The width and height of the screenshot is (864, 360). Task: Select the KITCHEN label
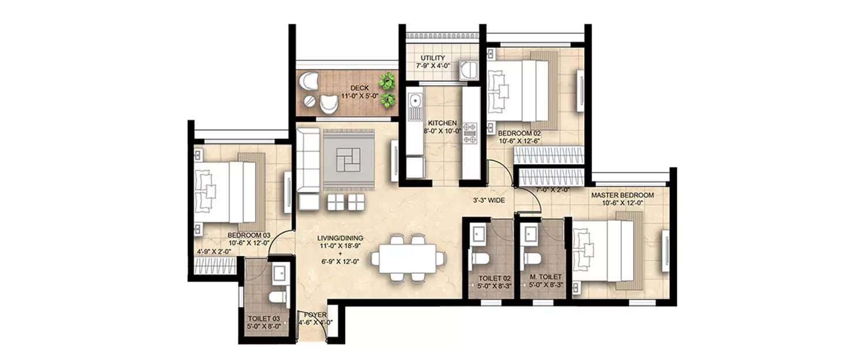[x=442, y=123]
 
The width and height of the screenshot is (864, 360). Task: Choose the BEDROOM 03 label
[x=249, y=236]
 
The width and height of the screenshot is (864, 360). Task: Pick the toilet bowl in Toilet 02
[x=479, y=259]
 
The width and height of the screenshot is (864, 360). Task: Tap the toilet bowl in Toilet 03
[x=278, y=297]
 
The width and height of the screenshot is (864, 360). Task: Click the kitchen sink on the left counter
[x=414, y=105]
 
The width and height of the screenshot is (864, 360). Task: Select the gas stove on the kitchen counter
[x=471, y=132]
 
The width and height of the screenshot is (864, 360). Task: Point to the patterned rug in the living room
[x=348, y=158]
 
